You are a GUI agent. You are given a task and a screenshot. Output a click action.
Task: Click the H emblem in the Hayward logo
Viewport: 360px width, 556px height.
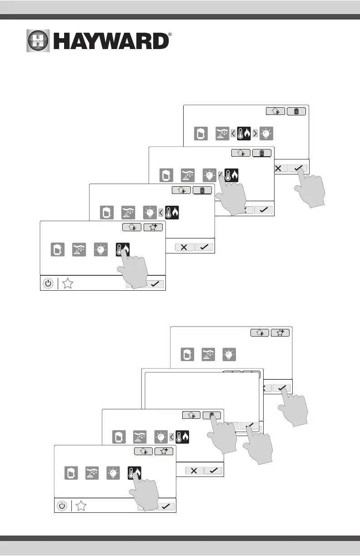[x=39, y=42]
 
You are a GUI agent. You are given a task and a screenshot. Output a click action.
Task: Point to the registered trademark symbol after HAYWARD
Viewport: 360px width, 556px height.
[x=170, y=35]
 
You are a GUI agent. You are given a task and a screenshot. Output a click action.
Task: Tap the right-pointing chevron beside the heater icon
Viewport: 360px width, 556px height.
[x=255, y=134]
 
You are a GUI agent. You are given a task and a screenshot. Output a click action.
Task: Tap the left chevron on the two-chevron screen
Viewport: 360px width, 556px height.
[x=233, y=134]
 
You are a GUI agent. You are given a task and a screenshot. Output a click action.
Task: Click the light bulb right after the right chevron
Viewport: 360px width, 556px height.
[x=267, y=134]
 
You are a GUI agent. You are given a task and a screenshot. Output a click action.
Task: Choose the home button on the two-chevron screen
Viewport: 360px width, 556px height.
[x=275, y=111]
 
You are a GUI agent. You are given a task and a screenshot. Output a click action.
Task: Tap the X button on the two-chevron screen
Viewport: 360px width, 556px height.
[x=278, y=168]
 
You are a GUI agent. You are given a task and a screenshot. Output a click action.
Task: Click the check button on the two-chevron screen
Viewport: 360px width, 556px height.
[x=298, y=168]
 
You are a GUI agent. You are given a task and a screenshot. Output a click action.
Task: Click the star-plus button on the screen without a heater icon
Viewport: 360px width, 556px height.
[x=280, y=333]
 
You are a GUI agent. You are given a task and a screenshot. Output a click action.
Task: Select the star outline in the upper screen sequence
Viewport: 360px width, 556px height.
[x=68, y=284]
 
